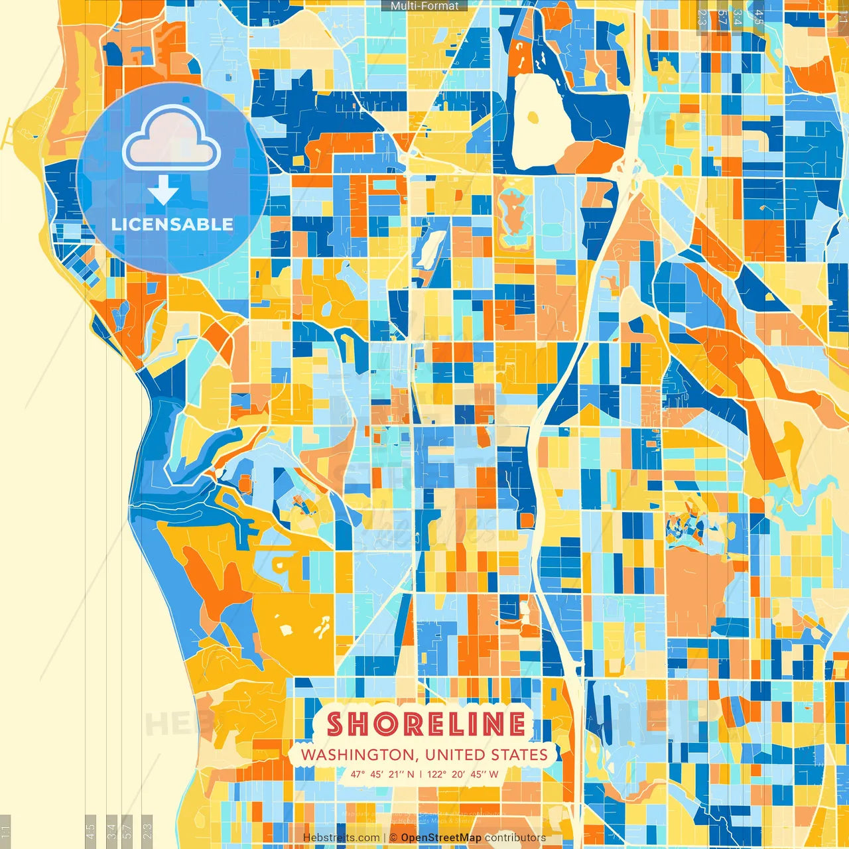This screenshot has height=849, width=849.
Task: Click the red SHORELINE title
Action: tap(426, 724)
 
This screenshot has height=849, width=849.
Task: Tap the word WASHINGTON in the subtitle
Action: tap(357, 755)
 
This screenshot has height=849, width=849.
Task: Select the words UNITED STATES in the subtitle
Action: tap(486, 755)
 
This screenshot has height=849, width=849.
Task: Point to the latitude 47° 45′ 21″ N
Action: tap(383, 774)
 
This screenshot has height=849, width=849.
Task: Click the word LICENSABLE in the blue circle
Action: tap(172, 224)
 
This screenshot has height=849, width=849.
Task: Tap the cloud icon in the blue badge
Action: tap(172, 138)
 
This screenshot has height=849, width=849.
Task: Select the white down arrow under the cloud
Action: tap(163, 190)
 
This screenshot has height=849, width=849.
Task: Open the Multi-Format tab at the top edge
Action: tap(424, 6)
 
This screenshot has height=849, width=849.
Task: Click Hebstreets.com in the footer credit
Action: tap(341, 838)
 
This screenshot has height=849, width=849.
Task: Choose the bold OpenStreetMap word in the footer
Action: tap(441, 838)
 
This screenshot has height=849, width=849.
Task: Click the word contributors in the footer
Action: tap(515, 838)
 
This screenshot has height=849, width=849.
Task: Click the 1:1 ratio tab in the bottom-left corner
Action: tap(5, 831)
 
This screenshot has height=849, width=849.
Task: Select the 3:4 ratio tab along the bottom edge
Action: tap(111, 831)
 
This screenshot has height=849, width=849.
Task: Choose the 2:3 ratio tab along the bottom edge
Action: tap(147, 831)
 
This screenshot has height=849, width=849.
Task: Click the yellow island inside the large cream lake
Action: tap(533, 118)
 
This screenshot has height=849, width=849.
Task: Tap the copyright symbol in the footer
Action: tap(393, 838)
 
